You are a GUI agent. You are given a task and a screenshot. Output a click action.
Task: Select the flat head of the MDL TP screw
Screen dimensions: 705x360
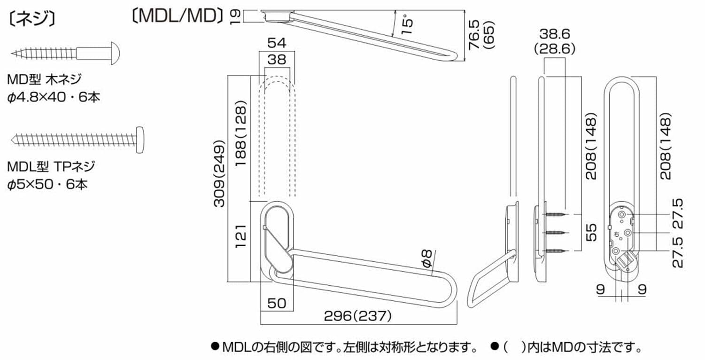[139, 139]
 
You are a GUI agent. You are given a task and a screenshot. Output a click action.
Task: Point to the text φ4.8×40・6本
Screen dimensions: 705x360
[54, 98]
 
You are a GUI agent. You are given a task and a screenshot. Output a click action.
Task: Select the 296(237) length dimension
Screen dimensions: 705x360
[358, 316]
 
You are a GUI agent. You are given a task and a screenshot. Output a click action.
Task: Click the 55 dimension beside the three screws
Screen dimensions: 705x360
[593, 233]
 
